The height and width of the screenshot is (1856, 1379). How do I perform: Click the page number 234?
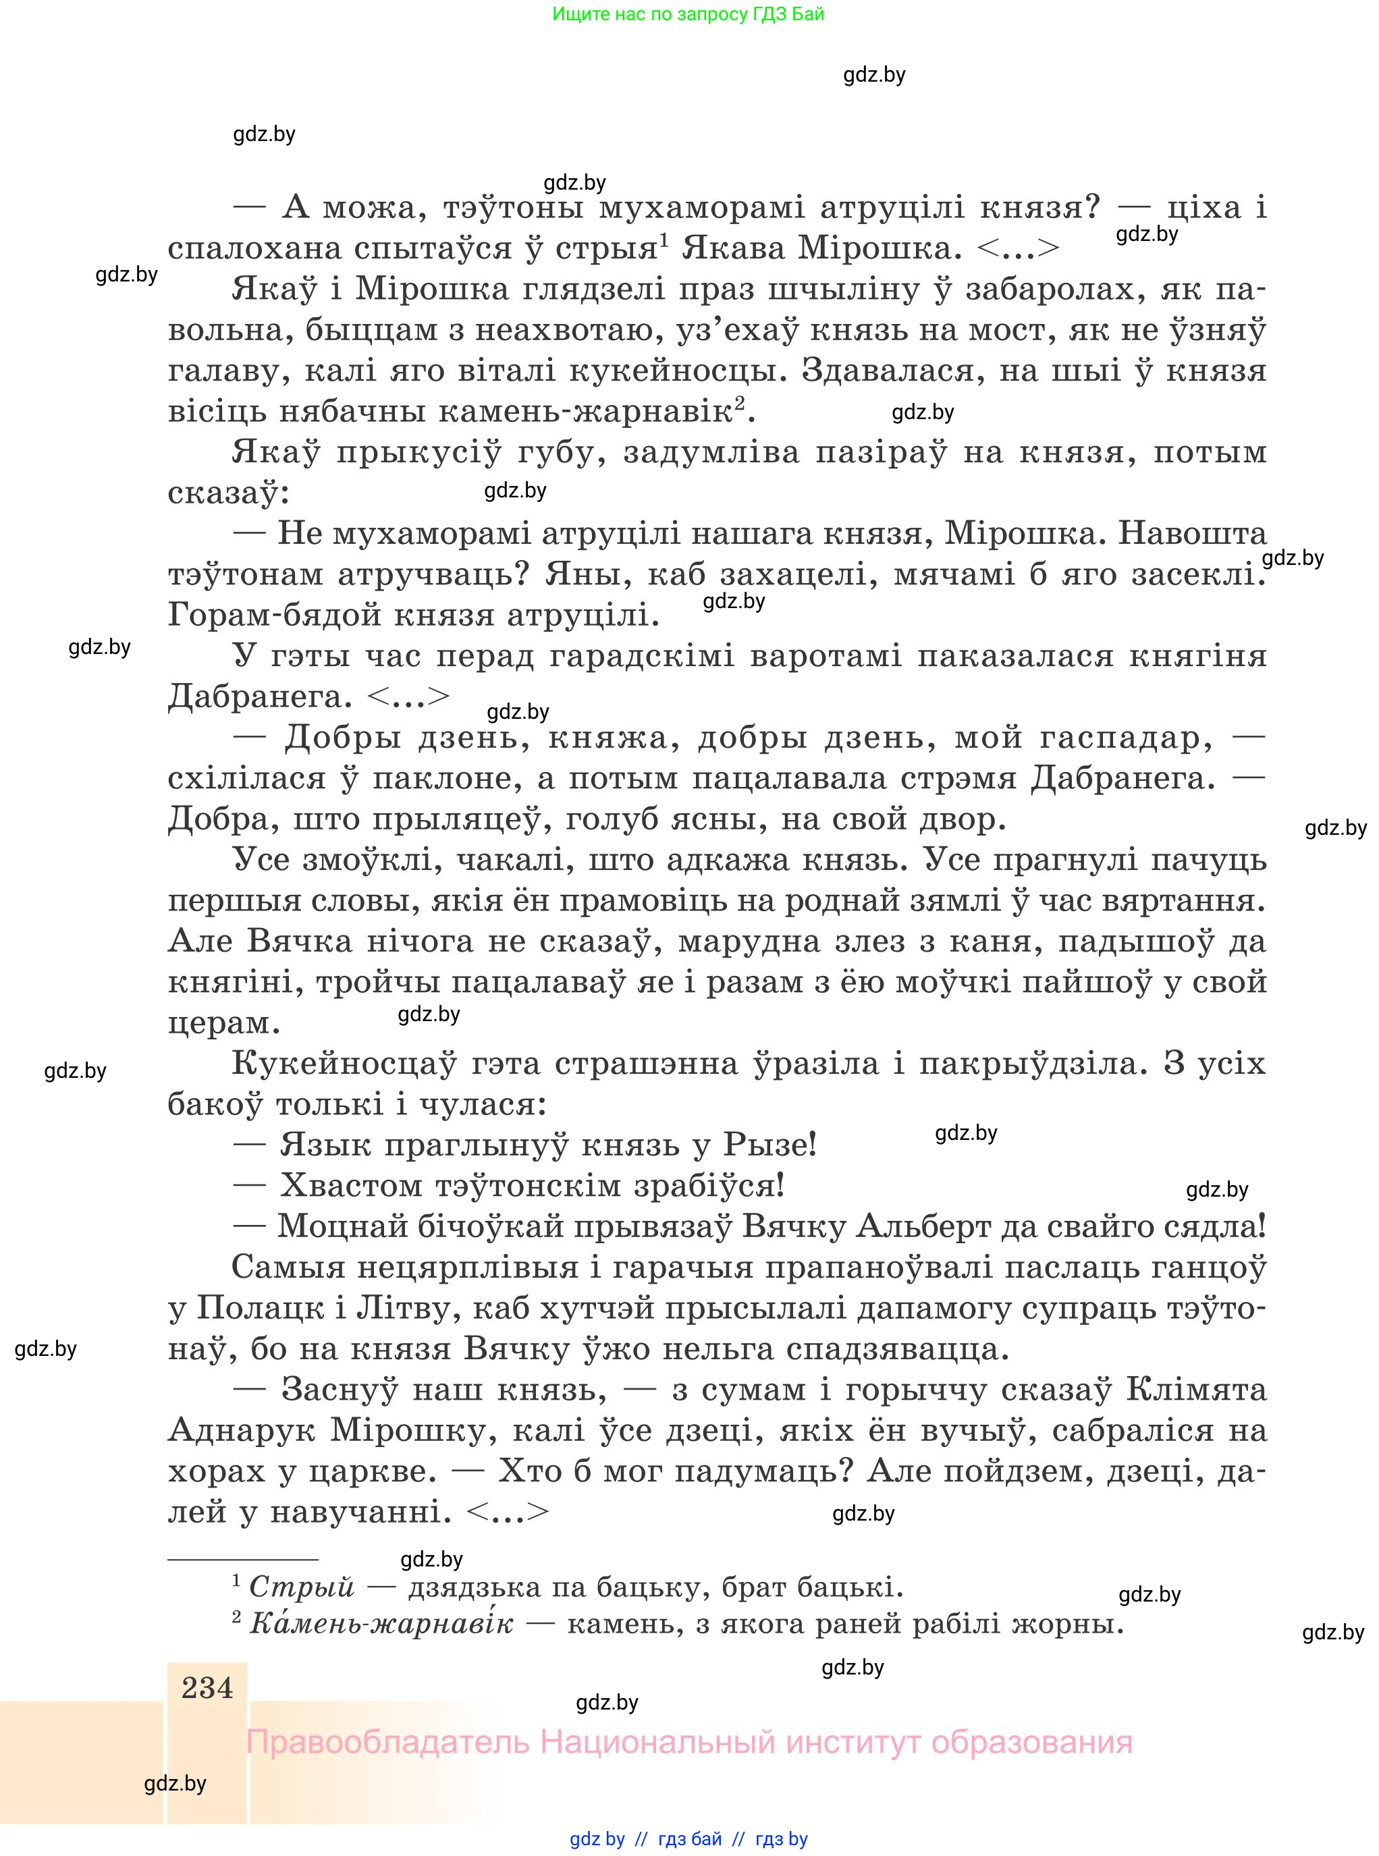point(207,1687)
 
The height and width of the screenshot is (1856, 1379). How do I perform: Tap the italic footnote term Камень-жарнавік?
point(381,1623)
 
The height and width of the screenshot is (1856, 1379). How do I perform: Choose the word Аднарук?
point(241,1430)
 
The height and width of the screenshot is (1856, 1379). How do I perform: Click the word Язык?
point(325,1144)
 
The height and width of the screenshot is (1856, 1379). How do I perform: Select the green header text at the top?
point(688,14)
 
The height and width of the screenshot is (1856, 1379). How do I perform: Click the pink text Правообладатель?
point(387,1743)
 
